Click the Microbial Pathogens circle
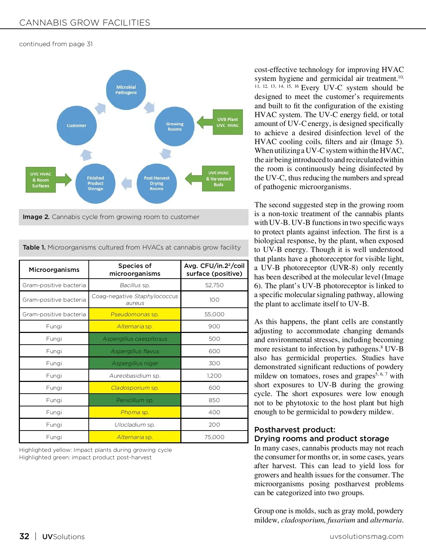tap(126, 90)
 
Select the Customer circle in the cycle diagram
tap(77, 126)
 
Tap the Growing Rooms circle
tap(175, 126)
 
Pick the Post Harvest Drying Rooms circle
tap(157, 184)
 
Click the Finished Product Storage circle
tap(95, 184)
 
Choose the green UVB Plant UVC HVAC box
tap(228, 122)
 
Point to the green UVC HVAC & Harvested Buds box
tap(218, 179)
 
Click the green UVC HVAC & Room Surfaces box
tap(41, 180)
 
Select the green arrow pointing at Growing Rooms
tap(205, 122)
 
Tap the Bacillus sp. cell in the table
tap(135, 285)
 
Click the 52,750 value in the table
tap(214, 285)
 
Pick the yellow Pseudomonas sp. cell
tap(135, 314)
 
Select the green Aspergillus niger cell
tap(135, 363)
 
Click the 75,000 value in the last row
tap(214, 437)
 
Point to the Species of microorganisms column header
tap(135, 269)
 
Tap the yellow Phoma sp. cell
tap(135, 412)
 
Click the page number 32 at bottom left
tap(24, 536)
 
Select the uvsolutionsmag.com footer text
tap(366, 536)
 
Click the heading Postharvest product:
tap(295, 429)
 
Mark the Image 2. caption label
tap(36, 217)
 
